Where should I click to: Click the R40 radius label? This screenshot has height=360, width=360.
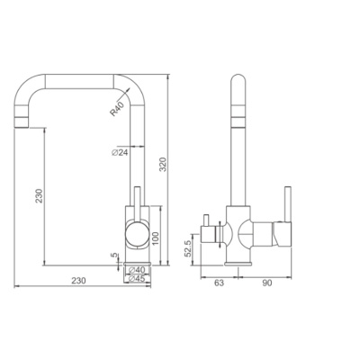[x=117, y=109]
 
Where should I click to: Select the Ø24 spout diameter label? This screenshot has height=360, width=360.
[x=120, y=152]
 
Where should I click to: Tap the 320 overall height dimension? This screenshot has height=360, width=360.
[x=163, y=165]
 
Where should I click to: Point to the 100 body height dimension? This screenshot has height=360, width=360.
[x=155, y=238]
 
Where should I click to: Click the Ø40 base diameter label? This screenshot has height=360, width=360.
[x=137, y=270]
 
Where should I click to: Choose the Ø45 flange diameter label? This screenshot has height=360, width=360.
[x=137, y=279]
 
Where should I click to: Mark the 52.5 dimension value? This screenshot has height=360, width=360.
[x=188, y=248]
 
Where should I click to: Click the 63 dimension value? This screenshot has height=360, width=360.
[x=220, y=283]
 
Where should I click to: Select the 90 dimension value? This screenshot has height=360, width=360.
[x=267, y=283]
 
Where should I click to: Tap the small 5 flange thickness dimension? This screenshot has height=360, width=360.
[x=114, y=256]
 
